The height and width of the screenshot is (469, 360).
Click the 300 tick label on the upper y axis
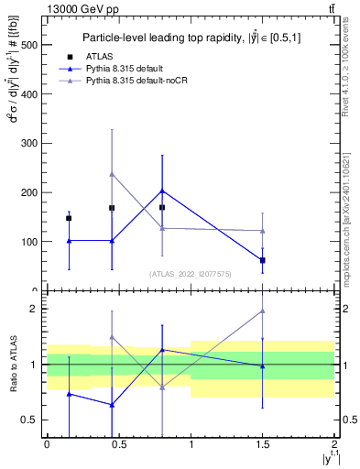pyautogui.click(x=27, y=144)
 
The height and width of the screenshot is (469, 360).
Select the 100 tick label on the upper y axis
pyautogui.click(x=27, y=242)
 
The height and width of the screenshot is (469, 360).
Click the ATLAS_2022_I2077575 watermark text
pyautogui.click(x=190, y=273)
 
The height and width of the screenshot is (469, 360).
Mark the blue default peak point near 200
pyautogui.click(x=162, y=191)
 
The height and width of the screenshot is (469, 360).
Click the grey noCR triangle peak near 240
pyautogui.click(x=112, y=173)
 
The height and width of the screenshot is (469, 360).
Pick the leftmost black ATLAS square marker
pyautogui.click(x=69, y=218)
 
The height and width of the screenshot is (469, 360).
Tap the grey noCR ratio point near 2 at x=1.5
pyautogui.click(x=263, y=311)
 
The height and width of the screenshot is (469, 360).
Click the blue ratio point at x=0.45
pyautogui.click(x=112, y=405)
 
